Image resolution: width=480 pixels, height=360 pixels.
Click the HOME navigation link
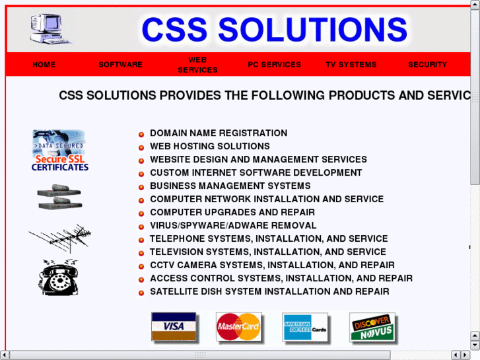44,65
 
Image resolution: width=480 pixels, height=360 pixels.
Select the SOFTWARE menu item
120,65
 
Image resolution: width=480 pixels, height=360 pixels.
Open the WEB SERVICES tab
197,65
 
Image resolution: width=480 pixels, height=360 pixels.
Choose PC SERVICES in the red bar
274,65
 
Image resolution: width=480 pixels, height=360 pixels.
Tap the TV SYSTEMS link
351,65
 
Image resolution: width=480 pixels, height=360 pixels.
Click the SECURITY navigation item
427,65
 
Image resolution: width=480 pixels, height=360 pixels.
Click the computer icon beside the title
50,28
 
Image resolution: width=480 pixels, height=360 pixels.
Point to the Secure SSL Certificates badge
59,151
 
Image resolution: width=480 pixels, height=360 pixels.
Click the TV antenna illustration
60,238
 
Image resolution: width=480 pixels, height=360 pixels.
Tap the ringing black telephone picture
59,277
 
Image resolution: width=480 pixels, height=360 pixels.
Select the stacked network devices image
59,197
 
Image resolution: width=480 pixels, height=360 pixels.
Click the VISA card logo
174,326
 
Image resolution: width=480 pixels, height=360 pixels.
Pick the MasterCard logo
238,326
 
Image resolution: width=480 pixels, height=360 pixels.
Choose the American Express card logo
305,327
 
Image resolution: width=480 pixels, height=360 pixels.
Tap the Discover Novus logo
372,327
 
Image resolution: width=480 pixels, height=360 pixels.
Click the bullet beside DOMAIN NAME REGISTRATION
141,134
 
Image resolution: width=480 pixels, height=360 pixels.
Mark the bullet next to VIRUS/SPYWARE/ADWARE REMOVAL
141,227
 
